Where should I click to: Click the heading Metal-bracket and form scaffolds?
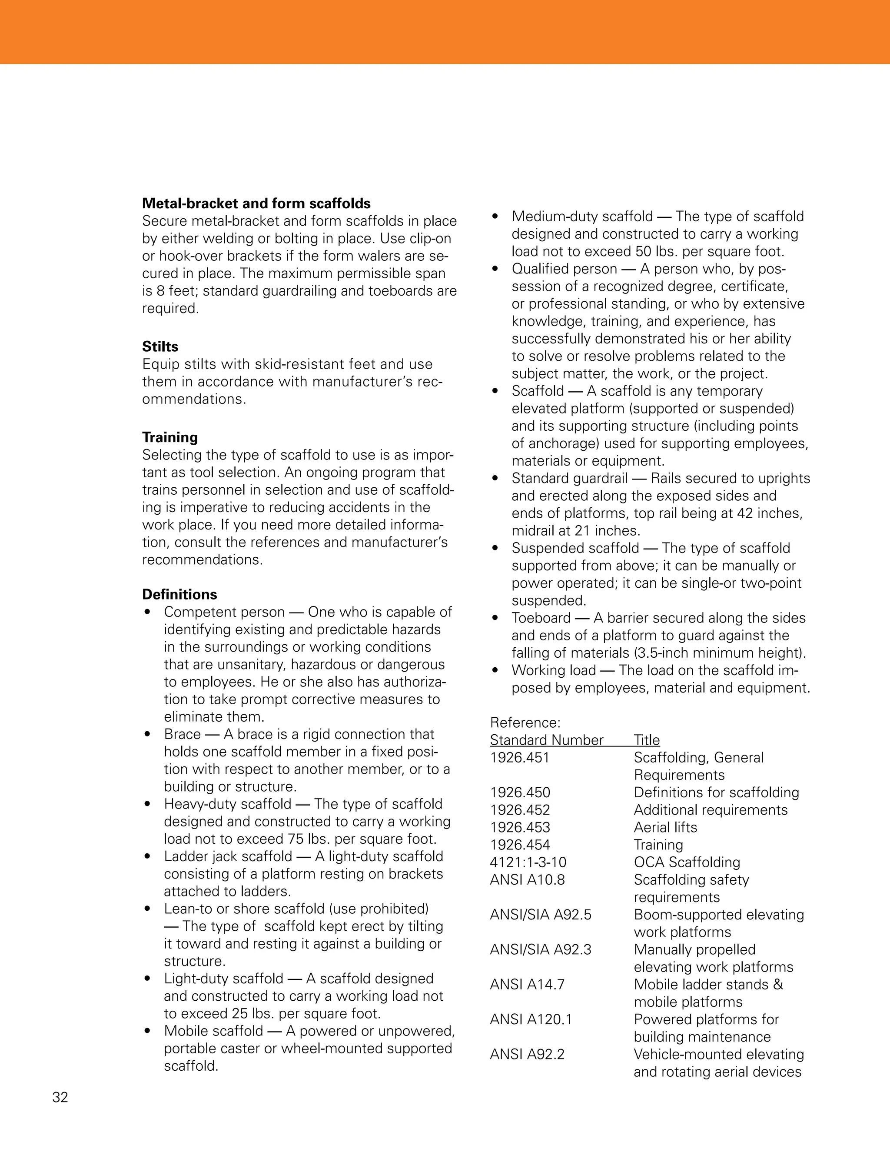tap(256, 203)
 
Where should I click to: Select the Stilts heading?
tap(160, 346)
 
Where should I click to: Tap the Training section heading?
tap(170, 437)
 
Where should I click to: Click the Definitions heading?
tap(179, 594)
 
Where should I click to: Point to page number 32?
tap(60, 1097)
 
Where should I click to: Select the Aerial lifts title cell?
tap(665, 827)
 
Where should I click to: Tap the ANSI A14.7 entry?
tap(527, 984)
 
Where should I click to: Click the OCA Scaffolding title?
tap(687, 862)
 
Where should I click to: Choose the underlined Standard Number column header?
tap(546, 740)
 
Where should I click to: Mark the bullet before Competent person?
tap(148, 613)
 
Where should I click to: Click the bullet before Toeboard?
tap(495, 618)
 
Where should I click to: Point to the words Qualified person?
tap(564, 269)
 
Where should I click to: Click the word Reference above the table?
tap(525, 722)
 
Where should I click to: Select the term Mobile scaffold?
tap(213, 1031)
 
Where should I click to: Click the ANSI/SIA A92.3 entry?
tap(541, 949)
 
